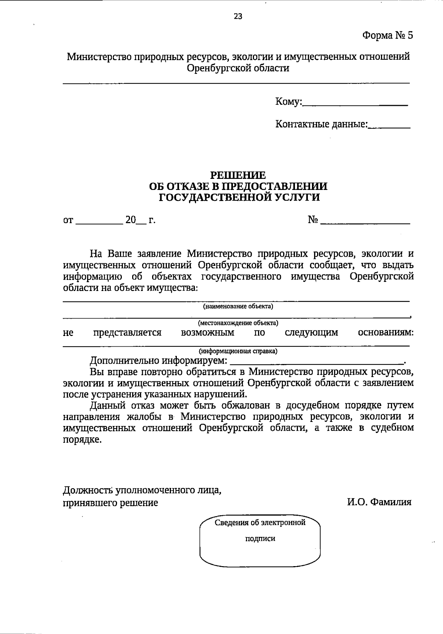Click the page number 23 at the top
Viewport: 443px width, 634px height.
[238, 17]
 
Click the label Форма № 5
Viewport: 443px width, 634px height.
[387, 35]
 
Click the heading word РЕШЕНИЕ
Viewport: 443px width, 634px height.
[238, 174]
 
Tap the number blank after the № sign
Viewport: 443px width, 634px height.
[365, 221]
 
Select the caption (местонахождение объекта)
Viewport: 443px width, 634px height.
[238, 323]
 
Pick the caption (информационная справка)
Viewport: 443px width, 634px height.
[238, 351]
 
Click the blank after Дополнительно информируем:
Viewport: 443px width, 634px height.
[317, 361]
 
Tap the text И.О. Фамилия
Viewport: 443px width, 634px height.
[379, 502]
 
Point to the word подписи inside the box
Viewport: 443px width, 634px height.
[260, 538]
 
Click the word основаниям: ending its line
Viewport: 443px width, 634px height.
[386, 333]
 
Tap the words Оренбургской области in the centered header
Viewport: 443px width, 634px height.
[238, 68]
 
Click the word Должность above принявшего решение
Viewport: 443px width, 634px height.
[87, 491]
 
